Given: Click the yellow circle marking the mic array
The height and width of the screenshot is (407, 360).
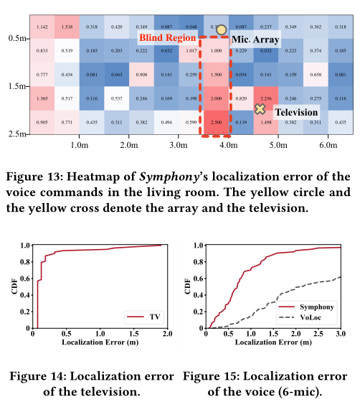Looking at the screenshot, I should click(x=221, y=31).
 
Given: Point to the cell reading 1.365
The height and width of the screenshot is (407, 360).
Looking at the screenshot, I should click(x=42, y=99).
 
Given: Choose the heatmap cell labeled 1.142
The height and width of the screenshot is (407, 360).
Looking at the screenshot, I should click(x=42, y=27).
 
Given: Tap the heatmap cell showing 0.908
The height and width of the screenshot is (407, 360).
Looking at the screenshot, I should click(x=142, y=75).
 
